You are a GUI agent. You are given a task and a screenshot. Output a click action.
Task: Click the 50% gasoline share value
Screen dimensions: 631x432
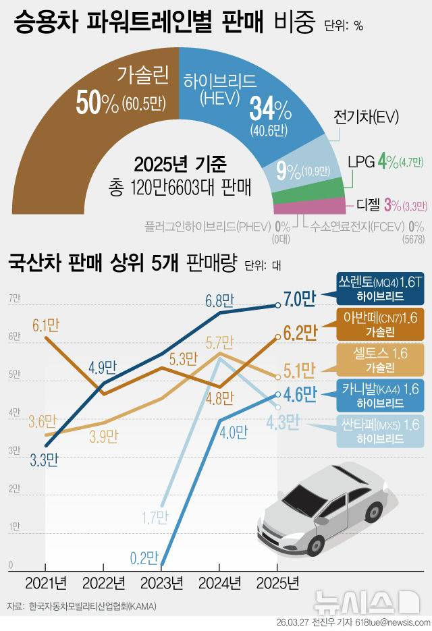(97, 103)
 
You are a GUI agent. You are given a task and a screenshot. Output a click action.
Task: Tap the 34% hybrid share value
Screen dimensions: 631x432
(270, 108)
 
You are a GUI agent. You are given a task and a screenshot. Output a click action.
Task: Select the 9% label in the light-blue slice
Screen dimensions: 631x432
(288, 171)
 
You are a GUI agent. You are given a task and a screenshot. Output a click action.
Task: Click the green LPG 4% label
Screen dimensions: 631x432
(387, 162)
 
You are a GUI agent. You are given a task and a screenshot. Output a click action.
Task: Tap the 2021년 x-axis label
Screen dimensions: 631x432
(46, 582)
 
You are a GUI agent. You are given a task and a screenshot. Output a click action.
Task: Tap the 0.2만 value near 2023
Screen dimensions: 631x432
(143, 557)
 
